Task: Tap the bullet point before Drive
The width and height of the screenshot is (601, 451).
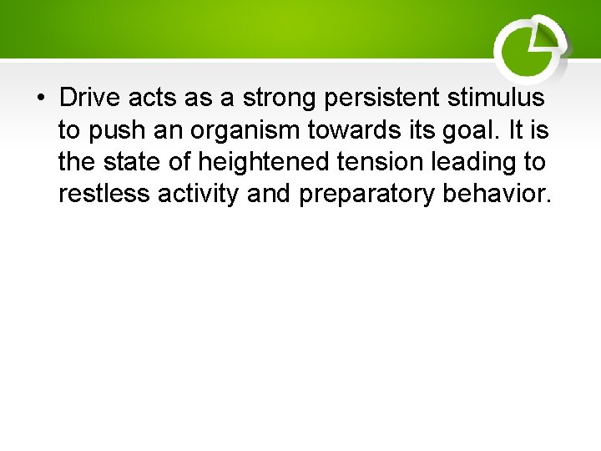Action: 40,99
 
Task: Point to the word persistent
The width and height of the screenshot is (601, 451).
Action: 387,98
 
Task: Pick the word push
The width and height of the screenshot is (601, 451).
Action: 112,130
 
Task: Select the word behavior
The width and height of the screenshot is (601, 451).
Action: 497,194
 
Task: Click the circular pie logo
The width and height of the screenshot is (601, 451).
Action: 529,48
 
